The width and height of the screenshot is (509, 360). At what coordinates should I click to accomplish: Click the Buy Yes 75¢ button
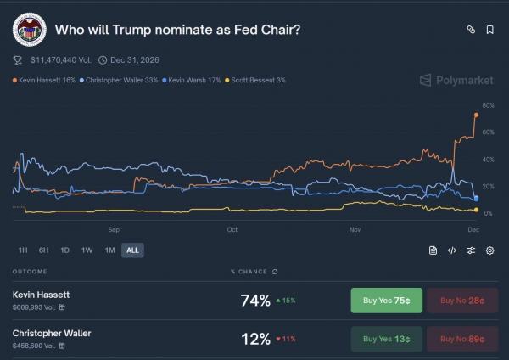386,300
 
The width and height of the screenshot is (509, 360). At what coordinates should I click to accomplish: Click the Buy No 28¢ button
462,300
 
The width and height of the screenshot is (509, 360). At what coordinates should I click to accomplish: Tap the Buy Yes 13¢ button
386,339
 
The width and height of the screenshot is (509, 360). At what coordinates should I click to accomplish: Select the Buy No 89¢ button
462,339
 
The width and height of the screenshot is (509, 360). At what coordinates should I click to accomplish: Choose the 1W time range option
87,250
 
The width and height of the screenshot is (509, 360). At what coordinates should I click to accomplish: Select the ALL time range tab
132,250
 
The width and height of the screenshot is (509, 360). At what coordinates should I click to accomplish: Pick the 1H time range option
23,250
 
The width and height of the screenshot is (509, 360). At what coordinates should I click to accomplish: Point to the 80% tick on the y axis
488,105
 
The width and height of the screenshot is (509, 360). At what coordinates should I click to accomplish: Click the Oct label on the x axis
232,229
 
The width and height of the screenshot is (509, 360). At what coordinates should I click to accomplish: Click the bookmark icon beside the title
490,30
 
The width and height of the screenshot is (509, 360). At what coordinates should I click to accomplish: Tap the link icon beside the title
471,30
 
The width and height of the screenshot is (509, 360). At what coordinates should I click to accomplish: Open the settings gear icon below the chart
490,250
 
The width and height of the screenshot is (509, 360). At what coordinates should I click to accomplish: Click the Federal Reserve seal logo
29,30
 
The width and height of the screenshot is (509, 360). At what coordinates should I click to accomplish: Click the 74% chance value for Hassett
255,300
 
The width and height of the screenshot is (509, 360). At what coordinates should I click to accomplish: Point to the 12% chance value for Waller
255,339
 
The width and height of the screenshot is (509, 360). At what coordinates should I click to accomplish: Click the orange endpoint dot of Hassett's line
476,115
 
